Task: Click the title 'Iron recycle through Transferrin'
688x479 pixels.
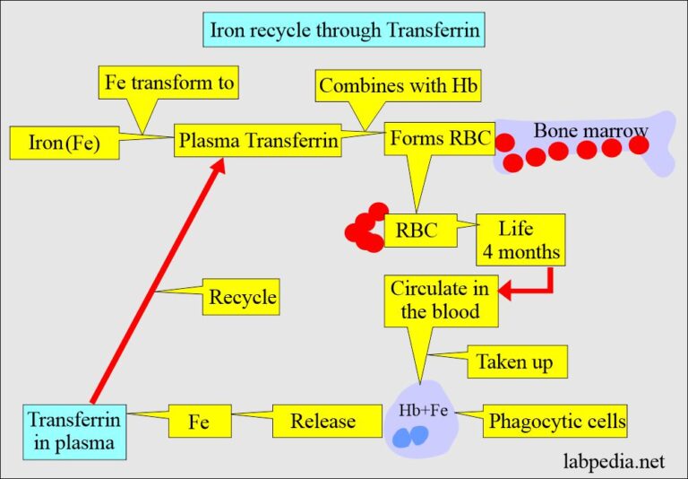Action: tap(344, 31)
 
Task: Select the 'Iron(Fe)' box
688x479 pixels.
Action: tap(64, 143)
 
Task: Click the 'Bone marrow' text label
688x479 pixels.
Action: tap(590, 131)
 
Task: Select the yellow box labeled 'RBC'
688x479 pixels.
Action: tap(417, 231)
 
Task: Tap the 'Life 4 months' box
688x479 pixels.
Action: tap(521, 240)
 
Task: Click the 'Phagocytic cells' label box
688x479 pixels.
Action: tap(555, 421)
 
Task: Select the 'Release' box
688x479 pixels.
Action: tap(322, 421)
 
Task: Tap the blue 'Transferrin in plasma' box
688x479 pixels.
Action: tap(74, 431)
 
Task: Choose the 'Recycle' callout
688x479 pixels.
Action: tap(243, 297)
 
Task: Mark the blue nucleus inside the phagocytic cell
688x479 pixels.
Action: tap(413, 436)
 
